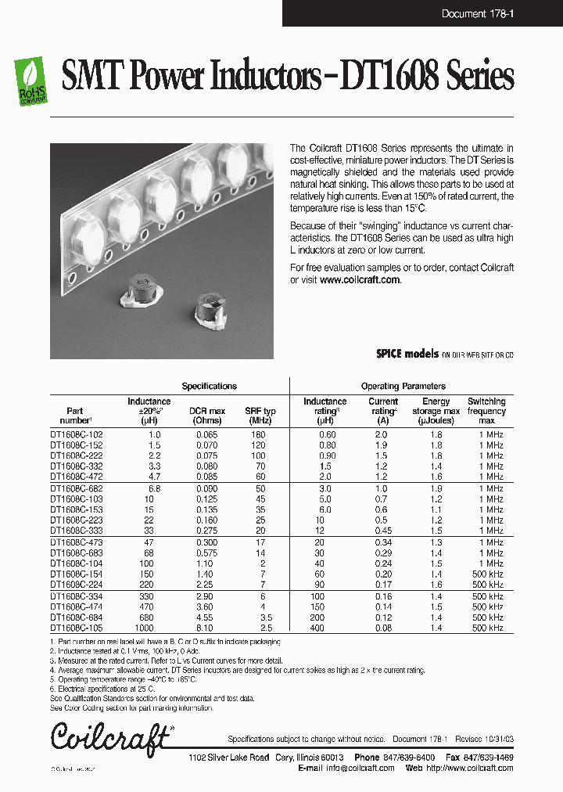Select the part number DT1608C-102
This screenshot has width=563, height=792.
76,434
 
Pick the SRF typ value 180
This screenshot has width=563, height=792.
260,434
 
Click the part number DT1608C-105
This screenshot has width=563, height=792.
76,628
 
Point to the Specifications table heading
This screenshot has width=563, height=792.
209,386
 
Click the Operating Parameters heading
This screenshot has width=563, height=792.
403,386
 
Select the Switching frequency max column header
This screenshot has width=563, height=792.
486,411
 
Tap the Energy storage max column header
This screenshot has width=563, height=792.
436,411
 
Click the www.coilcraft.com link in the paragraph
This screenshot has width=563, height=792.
360,279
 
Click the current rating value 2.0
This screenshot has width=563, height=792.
381,434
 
